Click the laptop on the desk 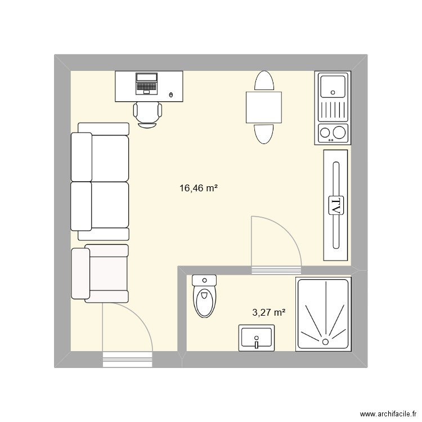(x=147, y=83)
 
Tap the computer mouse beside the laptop (x=171, y=95)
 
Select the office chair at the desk (x=147, y=114)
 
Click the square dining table (x=264, y=107)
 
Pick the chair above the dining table (x=264, y=81)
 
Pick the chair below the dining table (x=264, y=133)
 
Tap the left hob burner (x=325, y=133)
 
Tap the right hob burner (x=339, y=133)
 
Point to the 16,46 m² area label (x=199, y=188)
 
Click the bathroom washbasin (x=257, y=338)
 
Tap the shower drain (x=326, y=341)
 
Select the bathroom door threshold (x=276, y=270)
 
